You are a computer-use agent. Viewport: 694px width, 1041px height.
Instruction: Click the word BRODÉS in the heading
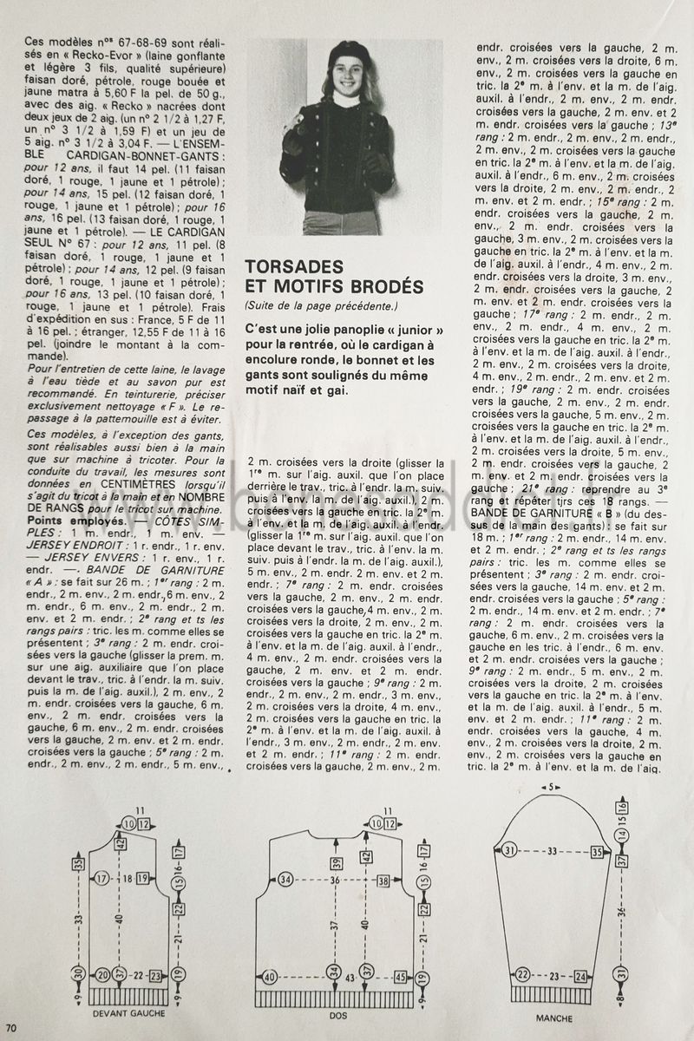tap(384, 287)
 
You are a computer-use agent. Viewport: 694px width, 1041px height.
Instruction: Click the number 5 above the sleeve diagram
tap(551, 788)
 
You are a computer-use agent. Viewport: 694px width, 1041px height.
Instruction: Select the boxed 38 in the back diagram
tap(383, 881)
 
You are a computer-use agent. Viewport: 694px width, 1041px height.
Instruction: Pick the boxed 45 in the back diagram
tap(400, 977)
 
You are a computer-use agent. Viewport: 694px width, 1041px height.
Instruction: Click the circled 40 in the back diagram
tap(270, 977)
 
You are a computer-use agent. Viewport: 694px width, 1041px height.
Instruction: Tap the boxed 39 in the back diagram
tap(337, 862)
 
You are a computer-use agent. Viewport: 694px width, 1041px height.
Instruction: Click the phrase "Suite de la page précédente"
tap(320, 304)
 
